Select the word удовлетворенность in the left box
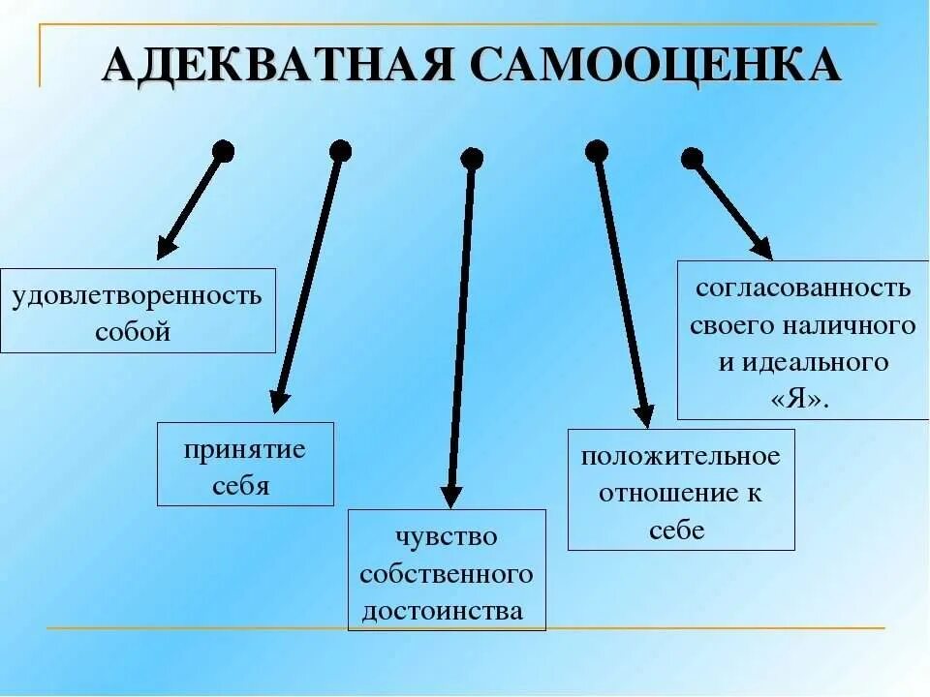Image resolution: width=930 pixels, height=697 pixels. tap(137, 294)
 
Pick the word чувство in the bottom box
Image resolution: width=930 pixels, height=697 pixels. tap(446, 536)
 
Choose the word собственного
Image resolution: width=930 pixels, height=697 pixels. tap(446, 574)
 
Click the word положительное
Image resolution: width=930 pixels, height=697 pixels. tap(680, 455)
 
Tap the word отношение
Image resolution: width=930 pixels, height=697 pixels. tap(669, 493)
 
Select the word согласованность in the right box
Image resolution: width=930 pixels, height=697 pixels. tap(803, 288)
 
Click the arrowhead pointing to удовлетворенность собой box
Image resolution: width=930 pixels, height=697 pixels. tap(166, 247)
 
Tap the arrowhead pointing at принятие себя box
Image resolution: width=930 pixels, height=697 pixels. tap(279, 401)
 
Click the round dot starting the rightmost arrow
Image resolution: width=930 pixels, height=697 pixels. tap(692, 158)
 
